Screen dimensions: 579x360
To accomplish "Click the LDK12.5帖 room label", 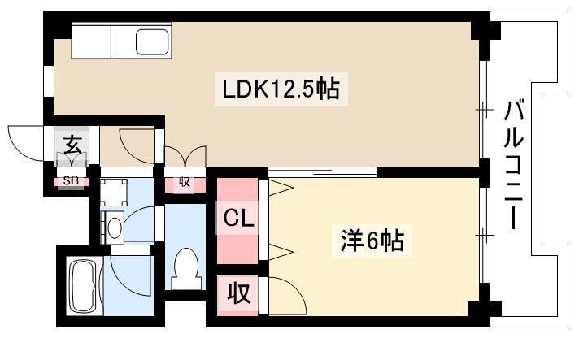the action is (281, 89).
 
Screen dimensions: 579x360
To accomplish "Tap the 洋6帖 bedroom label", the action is (372, 240).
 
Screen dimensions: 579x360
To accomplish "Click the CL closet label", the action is (238, 218).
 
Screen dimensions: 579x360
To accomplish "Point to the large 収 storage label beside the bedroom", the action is (239, 293).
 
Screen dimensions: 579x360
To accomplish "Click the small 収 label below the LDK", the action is (184, 181).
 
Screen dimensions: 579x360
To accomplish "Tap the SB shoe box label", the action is (71, 180).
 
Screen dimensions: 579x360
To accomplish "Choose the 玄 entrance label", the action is (72, 144).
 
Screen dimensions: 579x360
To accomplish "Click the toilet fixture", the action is (187, 268).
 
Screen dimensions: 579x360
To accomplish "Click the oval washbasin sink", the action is (115, 228).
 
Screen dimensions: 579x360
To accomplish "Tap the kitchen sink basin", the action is (152, 41).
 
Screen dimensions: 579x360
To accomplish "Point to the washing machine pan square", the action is (114, 193).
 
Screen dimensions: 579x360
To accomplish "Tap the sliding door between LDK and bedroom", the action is (322, 171).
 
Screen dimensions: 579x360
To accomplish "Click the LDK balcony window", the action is (485, 110).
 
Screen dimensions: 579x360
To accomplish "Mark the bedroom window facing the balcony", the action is (485, 235).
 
